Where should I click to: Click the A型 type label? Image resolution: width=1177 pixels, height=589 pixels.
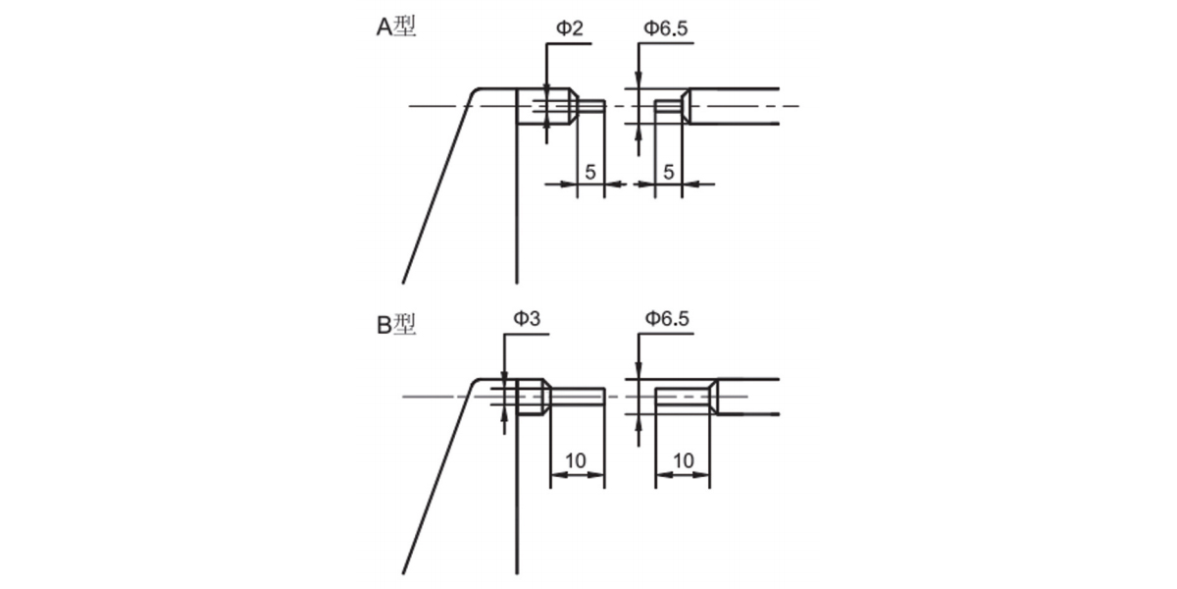[396, 27]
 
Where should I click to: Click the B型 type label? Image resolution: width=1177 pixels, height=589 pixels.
[396, 325]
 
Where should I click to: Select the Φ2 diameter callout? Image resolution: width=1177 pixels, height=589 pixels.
[570, 27]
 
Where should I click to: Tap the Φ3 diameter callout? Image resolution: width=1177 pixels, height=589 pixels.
[527, 318]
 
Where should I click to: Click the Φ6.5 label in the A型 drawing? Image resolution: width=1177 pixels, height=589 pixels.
[666, 27]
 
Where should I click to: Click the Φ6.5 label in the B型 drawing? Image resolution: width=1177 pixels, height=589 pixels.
[667, 318]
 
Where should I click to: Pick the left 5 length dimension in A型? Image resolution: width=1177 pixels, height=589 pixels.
[590, 172]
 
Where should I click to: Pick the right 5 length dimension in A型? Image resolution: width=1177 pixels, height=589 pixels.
[668, 172]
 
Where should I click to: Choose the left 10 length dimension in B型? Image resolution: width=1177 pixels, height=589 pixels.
[576, 460]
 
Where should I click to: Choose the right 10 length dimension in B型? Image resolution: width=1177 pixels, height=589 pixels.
[683, 460]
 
